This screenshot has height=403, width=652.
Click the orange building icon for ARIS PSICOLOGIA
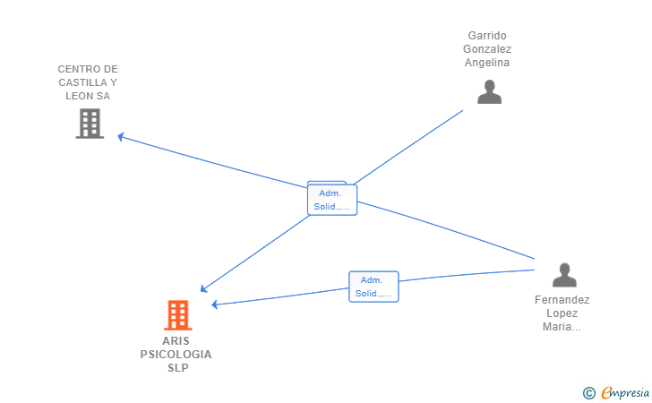(178, 315)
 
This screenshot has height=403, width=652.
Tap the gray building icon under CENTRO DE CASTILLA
(90, 124)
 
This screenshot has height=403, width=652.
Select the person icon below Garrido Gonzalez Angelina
(489, 91)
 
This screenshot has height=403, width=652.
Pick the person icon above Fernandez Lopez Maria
(564, 275)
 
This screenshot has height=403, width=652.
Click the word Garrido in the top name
(487, 35)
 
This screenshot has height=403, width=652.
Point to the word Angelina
(487, 63)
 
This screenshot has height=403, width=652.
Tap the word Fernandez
(562, 300)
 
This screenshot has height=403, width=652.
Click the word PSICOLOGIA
(176, 355)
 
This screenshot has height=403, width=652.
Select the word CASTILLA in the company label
(82, 82)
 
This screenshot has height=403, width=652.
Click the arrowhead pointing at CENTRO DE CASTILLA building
(121, 136)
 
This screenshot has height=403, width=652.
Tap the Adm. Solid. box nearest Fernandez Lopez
(373, 287)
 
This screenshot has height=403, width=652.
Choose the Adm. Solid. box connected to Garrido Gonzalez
(331, 200)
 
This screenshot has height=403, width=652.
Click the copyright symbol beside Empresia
(588, 393)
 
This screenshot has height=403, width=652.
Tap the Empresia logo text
(625, 393)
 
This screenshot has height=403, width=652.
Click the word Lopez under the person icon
(562, 313)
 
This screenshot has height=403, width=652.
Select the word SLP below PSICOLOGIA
(178, 368)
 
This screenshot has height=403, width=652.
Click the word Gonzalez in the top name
(487, 49)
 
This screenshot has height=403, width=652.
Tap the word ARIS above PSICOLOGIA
(176, 341)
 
